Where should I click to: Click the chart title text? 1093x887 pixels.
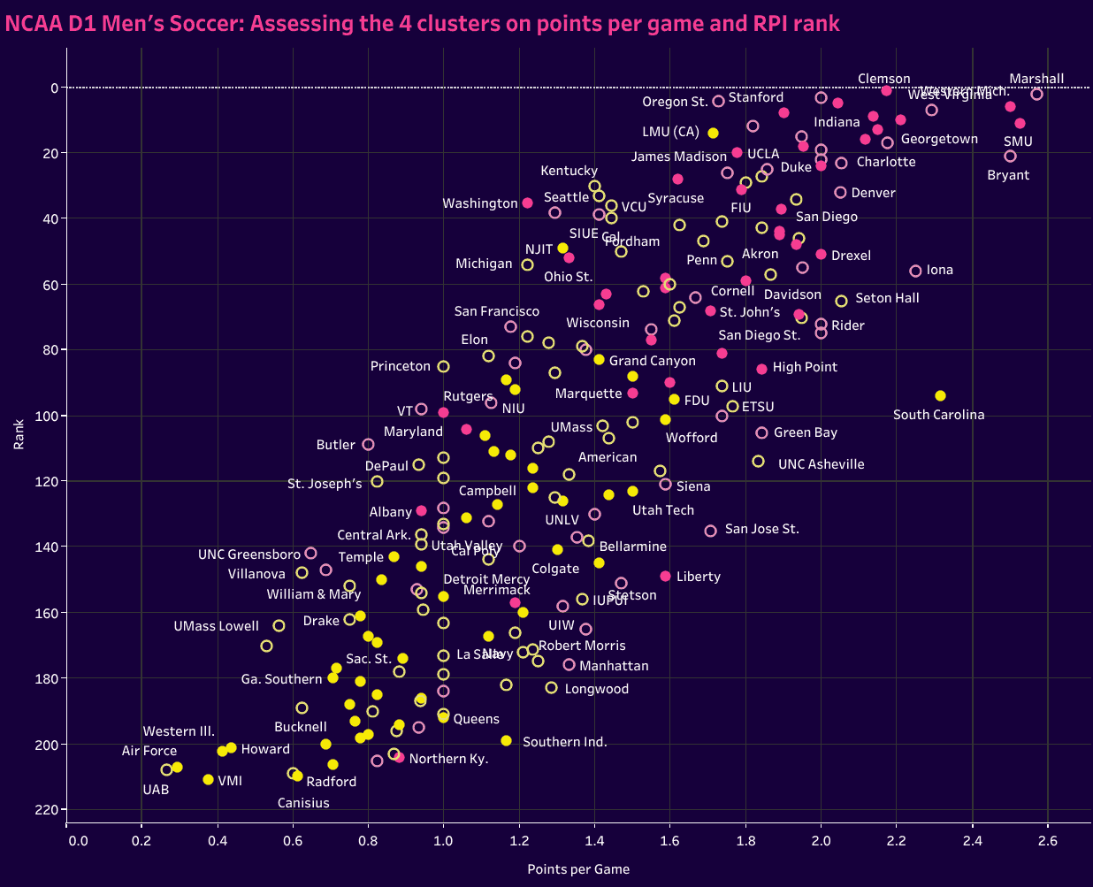tap(423, 23)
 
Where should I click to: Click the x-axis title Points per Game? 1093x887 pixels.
tap(578, 869)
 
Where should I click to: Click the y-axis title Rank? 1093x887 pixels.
tap(19, 434)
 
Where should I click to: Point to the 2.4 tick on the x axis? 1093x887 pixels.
tap(972, 839)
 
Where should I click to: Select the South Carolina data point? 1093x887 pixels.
tap(940, 395)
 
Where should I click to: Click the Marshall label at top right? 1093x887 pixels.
tap(1036, 79)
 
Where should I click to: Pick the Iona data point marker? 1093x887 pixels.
tap(915, 271)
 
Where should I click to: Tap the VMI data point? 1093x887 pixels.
tap(208, 779)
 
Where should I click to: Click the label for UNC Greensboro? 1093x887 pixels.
tap(248, 554)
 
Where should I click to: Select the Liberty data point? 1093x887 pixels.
tap(665, 576)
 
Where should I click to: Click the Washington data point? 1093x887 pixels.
tap(527, 203)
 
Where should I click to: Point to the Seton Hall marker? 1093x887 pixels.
tap(841, 301)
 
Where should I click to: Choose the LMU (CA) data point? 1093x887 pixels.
tap(713, 133)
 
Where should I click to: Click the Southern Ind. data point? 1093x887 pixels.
tap(506, 740)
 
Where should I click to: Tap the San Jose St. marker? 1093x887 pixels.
tap(710, 531)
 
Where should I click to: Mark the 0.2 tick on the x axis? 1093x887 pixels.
tap(141, 839)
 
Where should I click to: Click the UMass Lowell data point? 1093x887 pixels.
tap(279, 625)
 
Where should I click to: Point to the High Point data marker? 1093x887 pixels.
tap(761, 369)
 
